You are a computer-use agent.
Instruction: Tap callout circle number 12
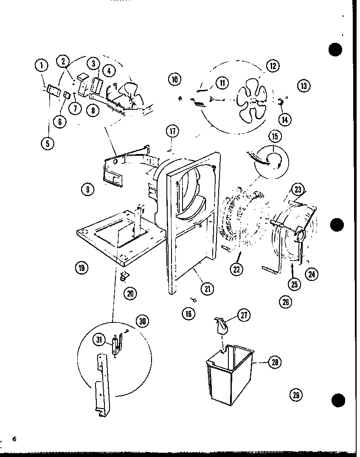[x=272, y=65]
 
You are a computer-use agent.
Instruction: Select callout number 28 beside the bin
[x=276, y=362]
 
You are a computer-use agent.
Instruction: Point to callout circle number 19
[x=82, y=267]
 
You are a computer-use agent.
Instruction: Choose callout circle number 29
[x=296, y=395]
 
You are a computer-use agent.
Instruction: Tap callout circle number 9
[x=87, y=190]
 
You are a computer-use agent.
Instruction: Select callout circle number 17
[x=172, y=131]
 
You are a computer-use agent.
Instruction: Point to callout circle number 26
[x=285, y=302]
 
